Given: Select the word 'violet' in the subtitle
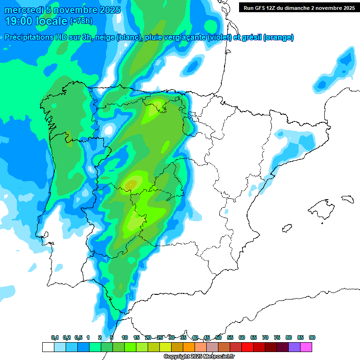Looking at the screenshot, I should click(219, 37).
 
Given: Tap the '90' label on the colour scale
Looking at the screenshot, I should click(312, 337).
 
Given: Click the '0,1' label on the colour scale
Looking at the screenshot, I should click(55, 337).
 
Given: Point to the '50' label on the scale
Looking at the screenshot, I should click(218, 337).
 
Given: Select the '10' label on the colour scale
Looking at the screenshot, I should click(125, 337).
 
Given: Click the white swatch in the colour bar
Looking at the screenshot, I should click(48, 347).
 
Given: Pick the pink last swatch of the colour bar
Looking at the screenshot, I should click(306, 347).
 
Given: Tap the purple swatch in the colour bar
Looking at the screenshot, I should click(294, 347).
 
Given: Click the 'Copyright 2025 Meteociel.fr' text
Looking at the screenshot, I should click(199, 357).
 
